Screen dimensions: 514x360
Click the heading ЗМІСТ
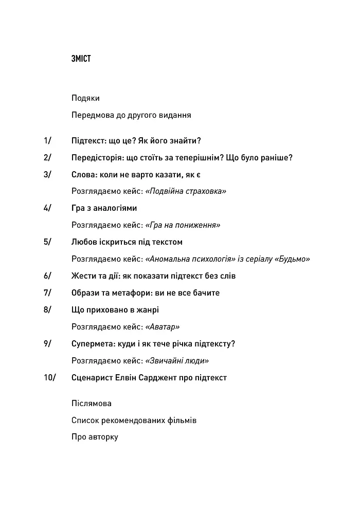pos(81,59)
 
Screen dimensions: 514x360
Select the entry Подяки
pos(86,98)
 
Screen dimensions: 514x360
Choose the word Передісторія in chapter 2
pos(97,157)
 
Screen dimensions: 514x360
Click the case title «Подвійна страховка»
pos(186,191)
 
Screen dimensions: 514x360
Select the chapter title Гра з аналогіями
pos(104,208)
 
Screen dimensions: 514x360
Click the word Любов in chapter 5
pos(83,242)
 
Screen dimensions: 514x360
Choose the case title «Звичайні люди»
pos(177,361)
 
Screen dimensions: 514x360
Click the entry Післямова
pos(92,403)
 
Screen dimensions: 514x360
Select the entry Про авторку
pos(95,437)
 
